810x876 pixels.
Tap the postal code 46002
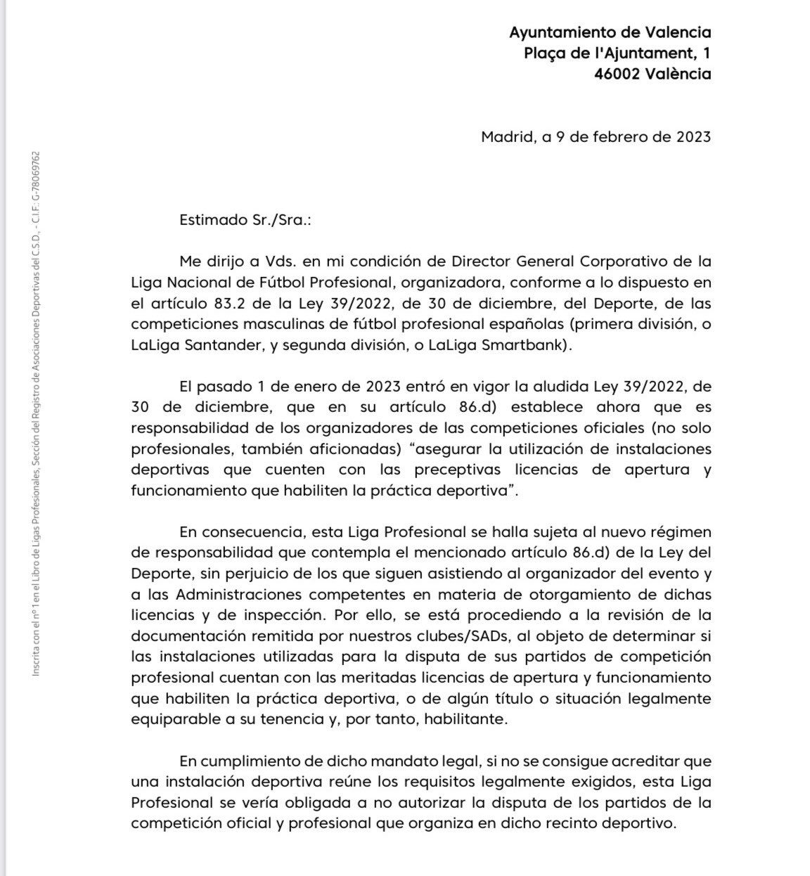pyautogui.click(x=617, y=74)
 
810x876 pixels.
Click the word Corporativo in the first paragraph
pyautogui.click(x=622, y=262)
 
